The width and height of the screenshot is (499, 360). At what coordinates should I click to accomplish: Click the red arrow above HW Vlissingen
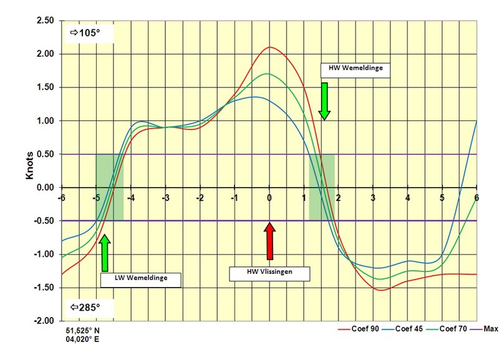point(269,242)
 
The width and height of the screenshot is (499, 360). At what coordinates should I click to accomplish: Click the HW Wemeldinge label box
point(355,67)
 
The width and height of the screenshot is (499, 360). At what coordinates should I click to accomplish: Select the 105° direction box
point(85,32)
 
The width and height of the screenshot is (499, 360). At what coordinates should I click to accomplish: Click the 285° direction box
point(85,308)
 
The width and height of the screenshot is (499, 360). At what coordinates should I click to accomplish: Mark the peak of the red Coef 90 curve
point(270,47)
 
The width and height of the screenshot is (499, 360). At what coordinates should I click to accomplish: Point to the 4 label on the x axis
point(408,198)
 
